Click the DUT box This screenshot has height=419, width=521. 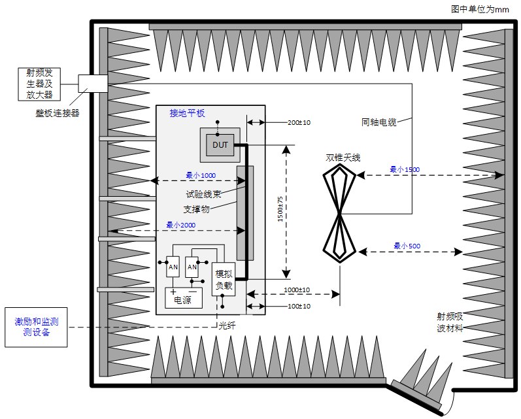220,144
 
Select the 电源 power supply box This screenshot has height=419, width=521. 183,300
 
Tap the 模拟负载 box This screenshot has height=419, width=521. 223,279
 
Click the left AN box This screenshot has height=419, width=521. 173,267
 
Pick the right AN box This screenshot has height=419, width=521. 192,267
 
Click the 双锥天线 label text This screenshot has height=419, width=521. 343,158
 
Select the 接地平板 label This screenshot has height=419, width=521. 187,113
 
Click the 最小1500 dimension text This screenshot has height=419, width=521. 405,169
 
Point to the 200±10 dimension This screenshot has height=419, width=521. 299,122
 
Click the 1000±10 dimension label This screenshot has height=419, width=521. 296,290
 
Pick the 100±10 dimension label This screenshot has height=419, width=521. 299,306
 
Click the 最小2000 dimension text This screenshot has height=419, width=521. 180,225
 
